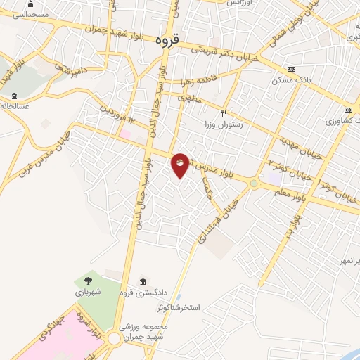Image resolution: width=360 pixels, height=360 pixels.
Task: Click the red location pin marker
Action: pyautogui.click(x=180, y=164)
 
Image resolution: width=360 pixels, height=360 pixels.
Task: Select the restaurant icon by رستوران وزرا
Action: pyautogui.click(x=224, y=112)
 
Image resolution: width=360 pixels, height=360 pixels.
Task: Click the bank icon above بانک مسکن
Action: pyautogui.click(x=292, y=69)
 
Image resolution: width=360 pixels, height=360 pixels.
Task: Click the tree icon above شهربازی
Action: pyautogui.click(x=88, y=281)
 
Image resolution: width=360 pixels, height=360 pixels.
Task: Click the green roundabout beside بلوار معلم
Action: pyautogui.click(x=254, y=184)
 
